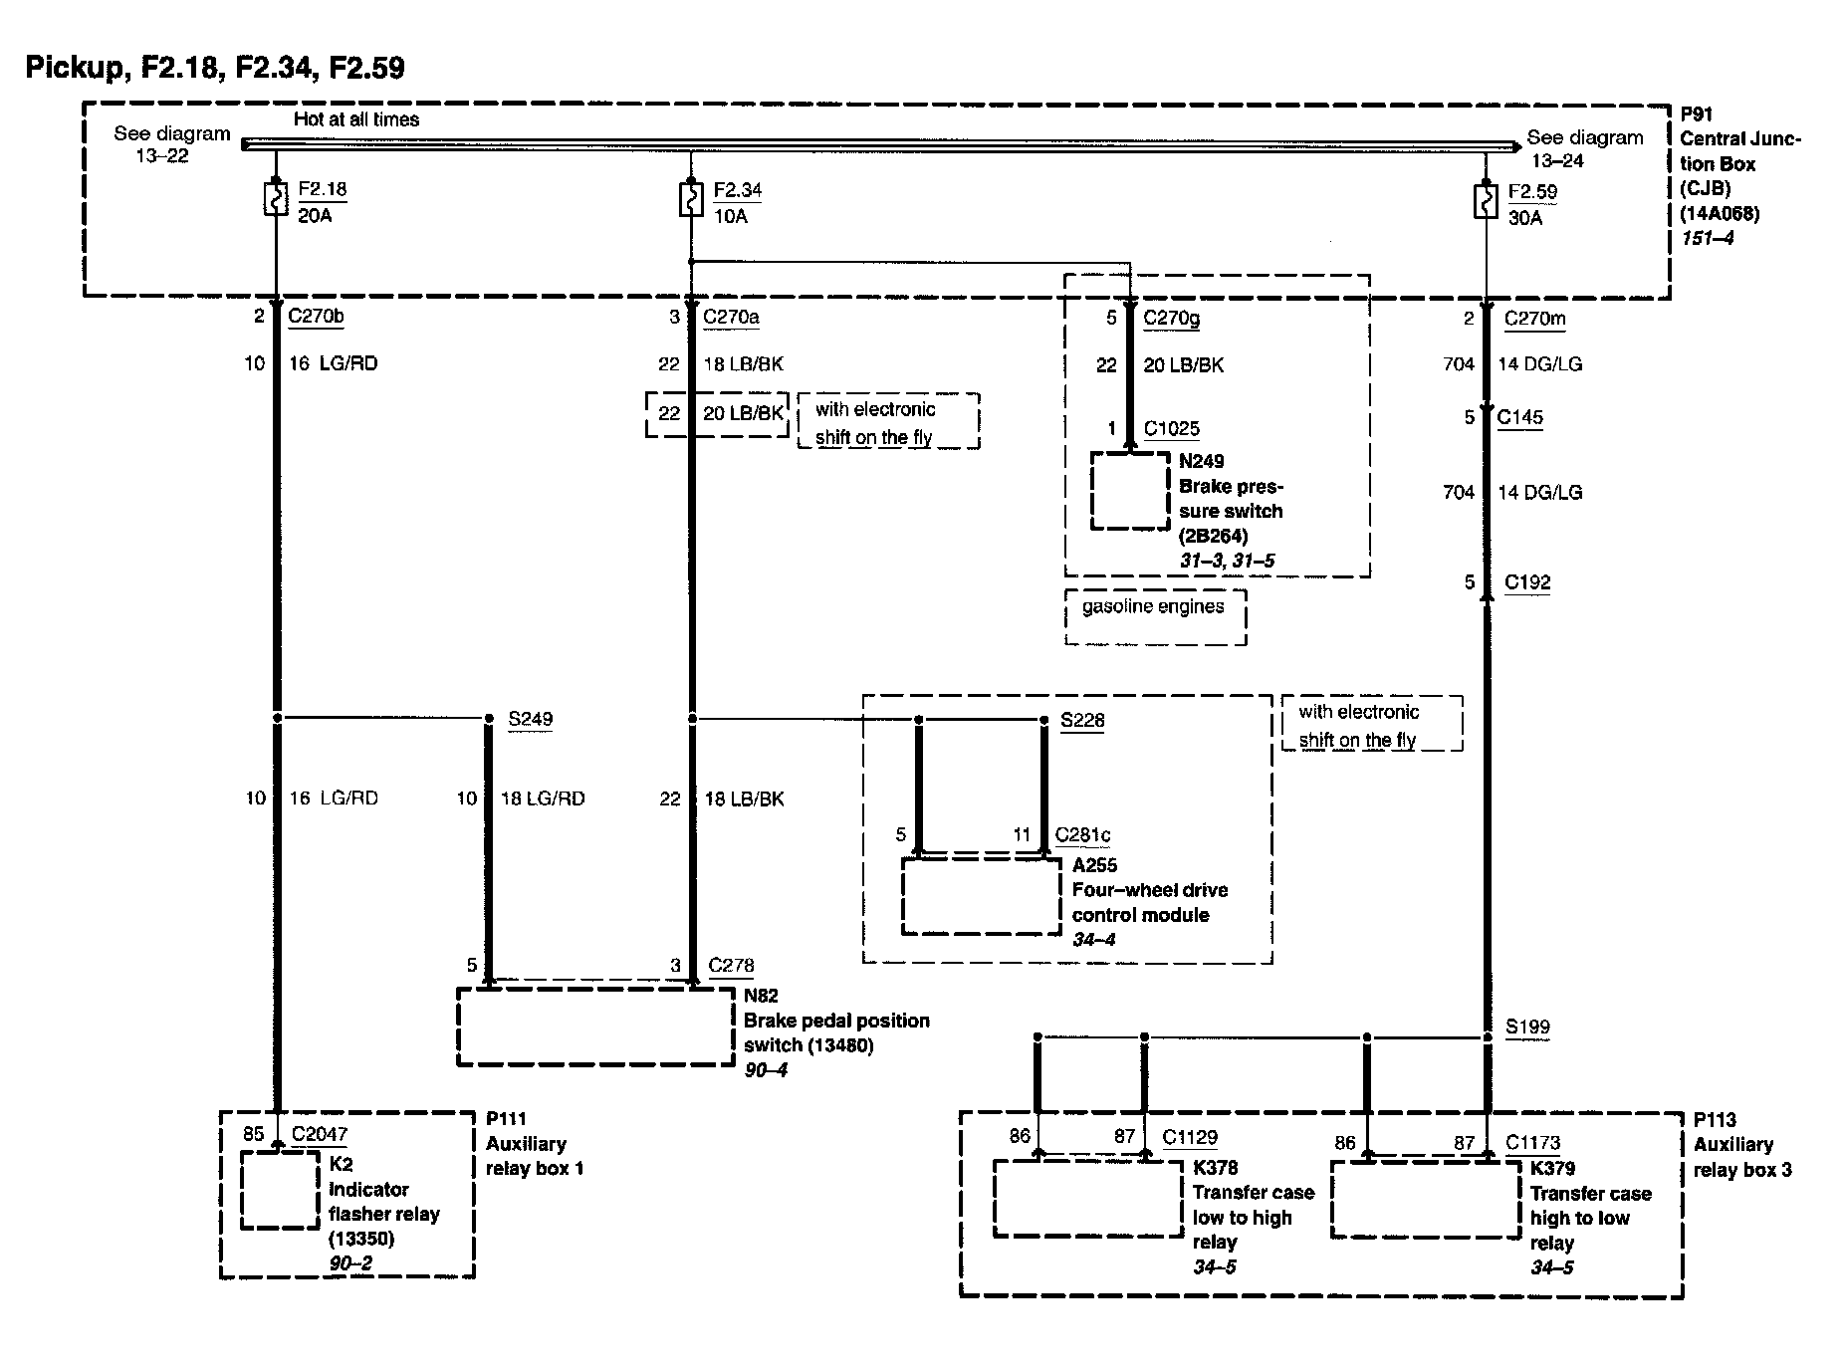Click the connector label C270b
point(316,318)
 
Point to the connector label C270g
point(1171,318)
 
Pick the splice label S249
point(530,719)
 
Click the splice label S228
point(1082,720)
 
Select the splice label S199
point(1526,1027)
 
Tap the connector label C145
point(1519,417)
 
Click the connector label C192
point(1526,582)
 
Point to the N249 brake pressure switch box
point(1130,491)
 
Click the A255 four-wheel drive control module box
point(981,897)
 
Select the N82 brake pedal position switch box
point(595,1027)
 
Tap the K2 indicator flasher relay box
point(281,1191)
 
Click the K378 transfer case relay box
point(1088,1199)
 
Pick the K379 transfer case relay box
point(1427,1200)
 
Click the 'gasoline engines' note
point(1153,606)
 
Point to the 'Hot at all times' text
point(356,119)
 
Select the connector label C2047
point(320,1134)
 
